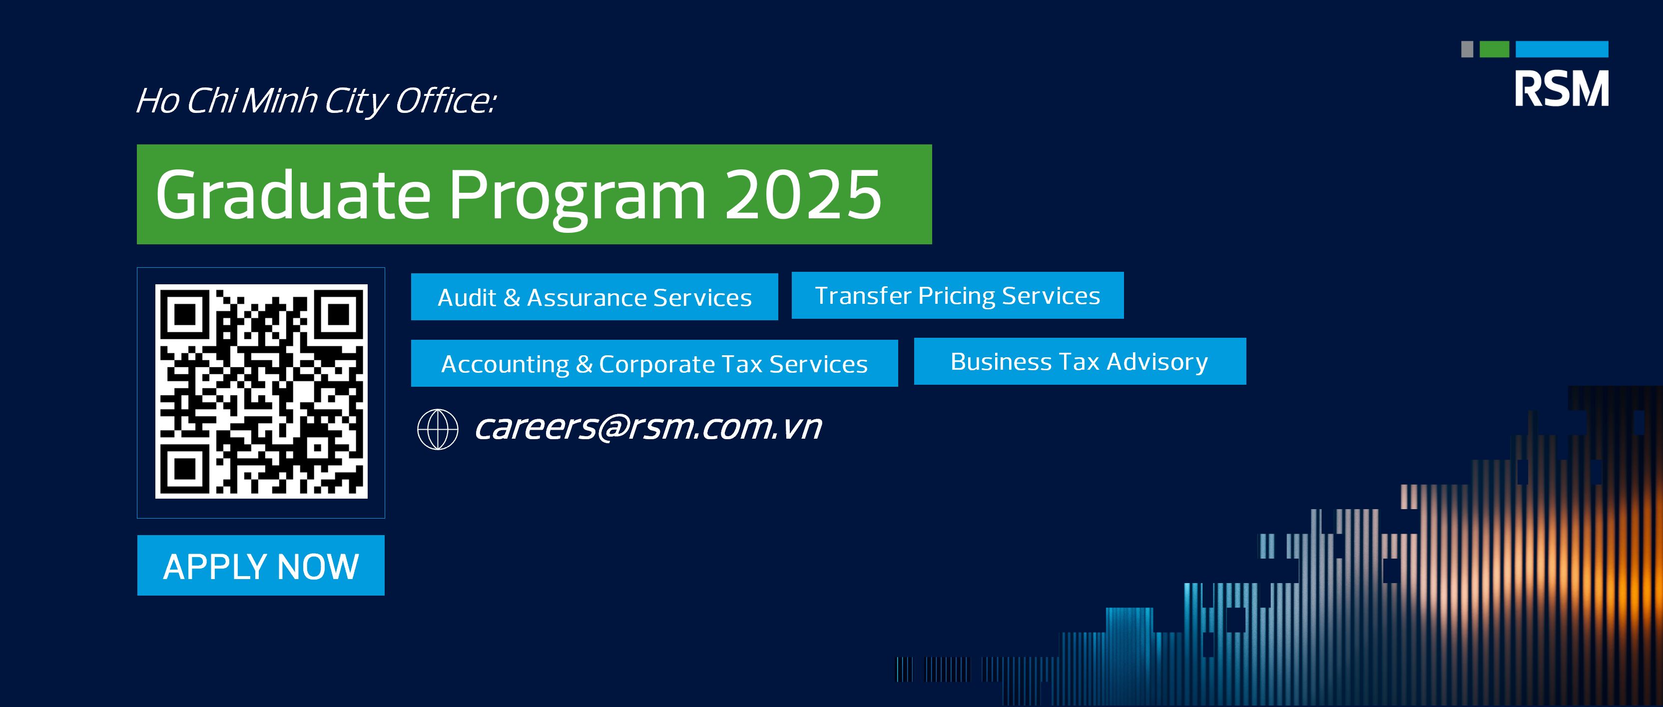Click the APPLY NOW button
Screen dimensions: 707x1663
coord(260,566)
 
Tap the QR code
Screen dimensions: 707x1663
coord(261,391)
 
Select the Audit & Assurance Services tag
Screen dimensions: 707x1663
coord(594,297)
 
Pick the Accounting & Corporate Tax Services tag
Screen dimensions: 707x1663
coord(653,364)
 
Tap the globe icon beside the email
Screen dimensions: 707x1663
coord(438,429)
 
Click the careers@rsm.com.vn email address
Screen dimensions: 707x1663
coord(647,427)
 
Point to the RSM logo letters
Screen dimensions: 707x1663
coord(1561,89)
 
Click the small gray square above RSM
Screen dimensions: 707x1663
coord(1467,49)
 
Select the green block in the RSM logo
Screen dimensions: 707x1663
coord(1494,49)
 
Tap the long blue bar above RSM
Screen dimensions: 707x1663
coord(1561,49)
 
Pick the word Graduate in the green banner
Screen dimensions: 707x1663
coord(292,194)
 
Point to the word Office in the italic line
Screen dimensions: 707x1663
coord(444,101)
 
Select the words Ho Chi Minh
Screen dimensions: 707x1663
coord(226,101)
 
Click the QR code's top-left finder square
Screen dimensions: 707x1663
coord(185,314)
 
